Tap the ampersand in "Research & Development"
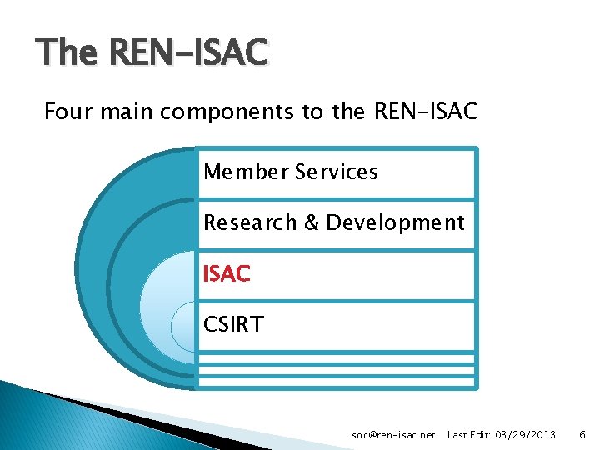[x=311, y=223]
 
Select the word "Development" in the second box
[x=395, y=223]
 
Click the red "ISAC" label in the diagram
[x=227, y=273]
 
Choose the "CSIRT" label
[x=233, y=324]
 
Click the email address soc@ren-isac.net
[x=394, y=435]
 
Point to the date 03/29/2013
[x=526, y=435]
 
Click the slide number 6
[x=582, y=435]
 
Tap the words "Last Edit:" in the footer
[x=468, y=435]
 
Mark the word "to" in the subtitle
[x=314, y=111]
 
